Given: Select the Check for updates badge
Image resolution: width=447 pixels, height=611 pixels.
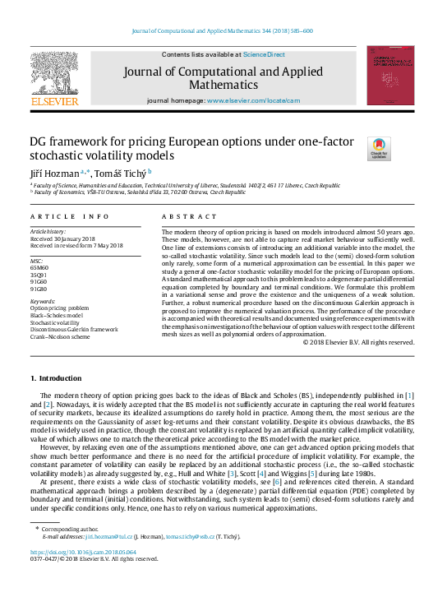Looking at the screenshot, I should coord(378,149).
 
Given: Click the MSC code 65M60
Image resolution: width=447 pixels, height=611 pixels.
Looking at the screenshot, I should coord(39,267).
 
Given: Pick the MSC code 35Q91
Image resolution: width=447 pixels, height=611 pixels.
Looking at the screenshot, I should coord(39,275).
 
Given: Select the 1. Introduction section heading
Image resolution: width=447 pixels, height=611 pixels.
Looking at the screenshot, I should coord(56,377).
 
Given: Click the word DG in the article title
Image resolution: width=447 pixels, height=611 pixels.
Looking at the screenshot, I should coord(39,141).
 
